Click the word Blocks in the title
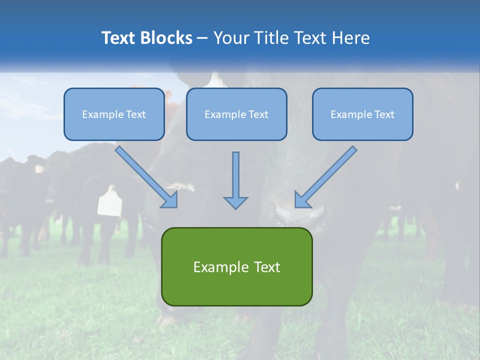167,38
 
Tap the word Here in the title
352,38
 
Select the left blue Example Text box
114,114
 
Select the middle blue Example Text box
236,114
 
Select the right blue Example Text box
362,114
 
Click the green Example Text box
236,267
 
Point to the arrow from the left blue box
145,175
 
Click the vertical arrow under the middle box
235,175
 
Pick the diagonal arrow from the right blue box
327,175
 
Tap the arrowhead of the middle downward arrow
235,202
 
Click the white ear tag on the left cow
109,201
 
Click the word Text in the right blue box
384,114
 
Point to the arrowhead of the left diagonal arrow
171,200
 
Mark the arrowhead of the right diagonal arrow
301,200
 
